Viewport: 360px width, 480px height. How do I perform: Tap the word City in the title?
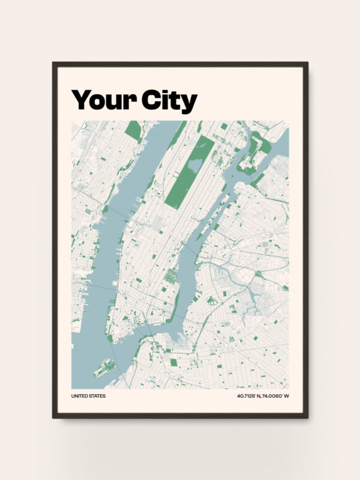pyautogui.click(x=169, y=100)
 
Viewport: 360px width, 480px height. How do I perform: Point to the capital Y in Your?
pyautogui.click(x=80, y=100)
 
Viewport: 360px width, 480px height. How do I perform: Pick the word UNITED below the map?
pyautogui.click(x=80, y=396)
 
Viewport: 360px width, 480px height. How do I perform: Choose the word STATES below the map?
pyautogui.click(x=97, y=396)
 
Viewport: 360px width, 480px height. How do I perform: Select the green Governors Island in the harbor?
pyautogui.click(x=104, y=367)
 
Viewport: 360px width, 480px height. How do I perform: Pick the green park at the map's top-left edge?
pyautogui.click(x=133, y=130)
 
